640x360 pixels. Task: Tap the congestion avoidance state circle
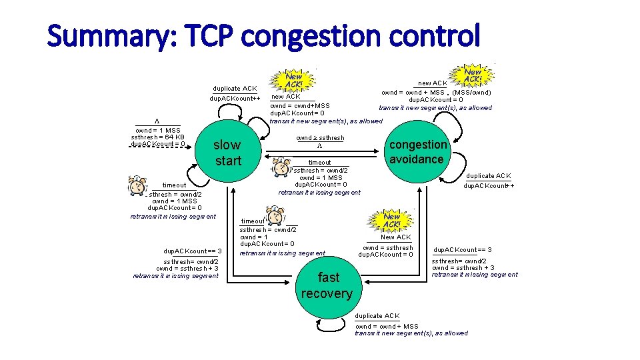coord(418,152)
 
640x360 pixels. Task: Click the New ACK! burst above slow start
coord(293,81)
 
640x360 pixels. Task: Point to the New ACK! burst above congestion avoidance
coord(473,75)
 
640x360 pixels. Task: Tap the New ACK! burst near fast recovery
coord(392,220)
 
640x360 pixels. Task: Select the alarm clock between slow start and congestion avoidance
coord(283,165)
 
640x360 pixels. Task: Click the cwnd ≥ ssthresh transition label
coord(320,138)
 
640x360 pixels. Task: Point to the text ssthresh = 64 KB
coord(158,137)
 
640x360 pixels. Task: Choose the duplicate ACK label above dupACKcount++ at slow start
coord(235,89)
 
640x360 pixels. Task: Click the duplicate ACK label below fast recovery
coord(377,315)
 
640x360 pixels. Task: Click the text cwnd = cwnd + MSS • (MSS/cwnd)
coord(435,92)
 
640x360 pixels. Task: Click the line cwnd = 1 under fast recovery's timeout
coord(254,237)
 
